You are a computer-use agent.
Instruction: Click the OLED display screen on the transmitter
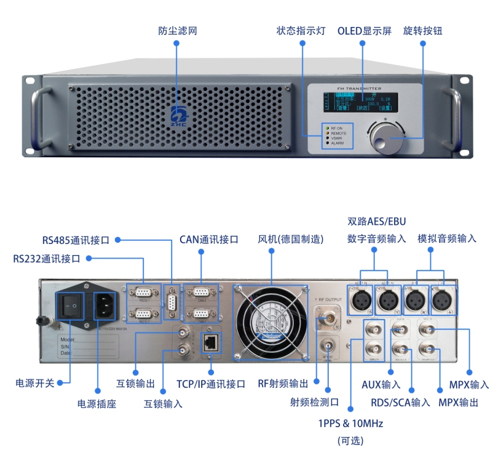coord(362,100)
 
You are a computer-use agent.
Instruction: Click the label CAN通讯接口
coord(208,240)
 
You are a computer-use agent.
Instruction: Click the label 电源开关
coord(35,383)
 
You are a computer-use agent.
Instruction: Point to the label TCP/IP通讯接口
coord(211,384)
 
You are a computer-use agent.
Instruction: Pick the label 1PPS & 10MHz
coord(350,424)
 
